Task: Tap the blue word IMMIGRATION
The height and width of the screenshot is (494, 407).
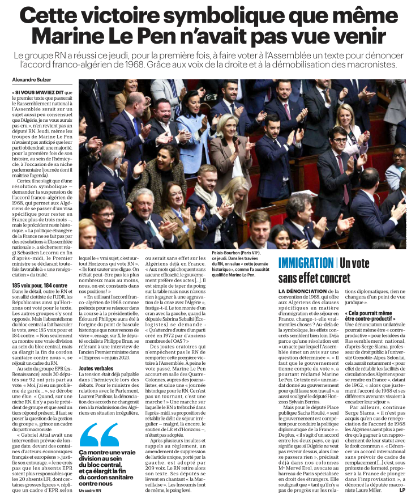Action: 306,263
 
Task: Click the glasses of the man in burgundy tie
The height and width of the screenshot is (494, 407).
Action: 340,137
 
